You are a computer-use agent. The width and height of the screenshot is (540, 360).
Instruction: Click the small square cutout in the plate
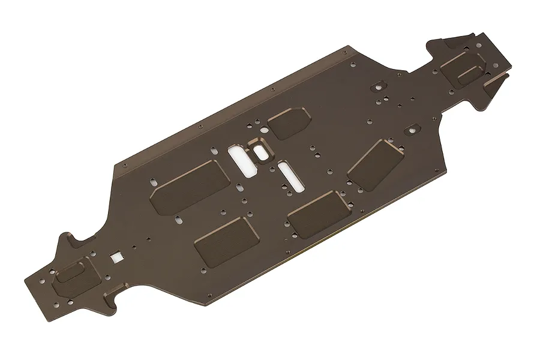[x=115, y=256]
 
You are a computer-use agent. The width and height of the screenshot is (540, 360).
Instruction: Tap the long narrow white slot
[x=286, y=175]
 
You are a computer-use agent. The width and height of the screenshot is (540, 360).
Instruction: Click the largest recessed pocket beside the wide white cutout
[x=190, y=185]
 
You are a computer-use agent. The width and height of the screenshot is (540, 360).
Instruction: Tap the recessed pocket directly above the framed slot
[x=289, y=122]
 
